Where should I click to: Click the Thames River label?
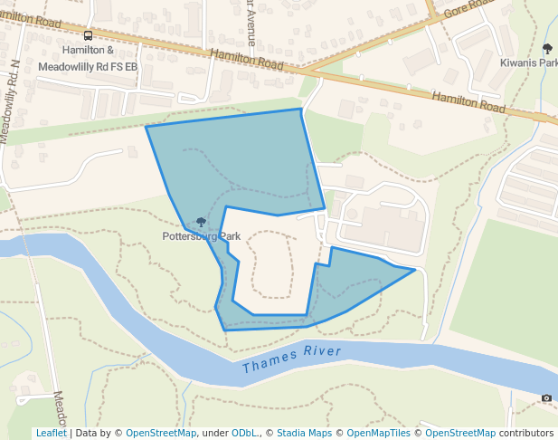click(x=292, y=359)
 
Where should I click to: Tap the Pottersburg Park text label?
click(x=201, y=236)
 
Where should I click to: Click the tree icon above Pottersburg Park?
click(x=201, y=223)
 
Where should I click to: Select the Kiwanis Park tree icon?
click(x=546, y=49)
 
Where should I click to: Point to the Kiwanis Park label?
click(x=529, y=63)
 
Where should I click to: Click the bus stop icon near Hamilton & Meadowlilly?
click(x=88, y=36)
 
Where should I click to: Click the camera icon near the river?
click(x=546, y=397)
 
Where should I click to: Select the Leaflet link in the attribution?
click(x=51, y=433)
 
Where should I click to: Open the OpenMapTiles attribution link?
click(x=382, y=433)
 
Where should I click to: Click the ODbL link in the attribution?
click(x=245, y=433)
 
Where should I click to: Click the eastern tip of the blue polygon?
click(x=415, y=270)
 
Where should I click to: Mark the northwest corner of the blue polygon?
click(x=147, y=127)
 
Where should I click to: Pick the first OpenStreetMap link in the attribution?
click(x=161, y=433)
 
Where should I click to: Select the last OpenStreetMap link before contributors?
click(x=460, y=433)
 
